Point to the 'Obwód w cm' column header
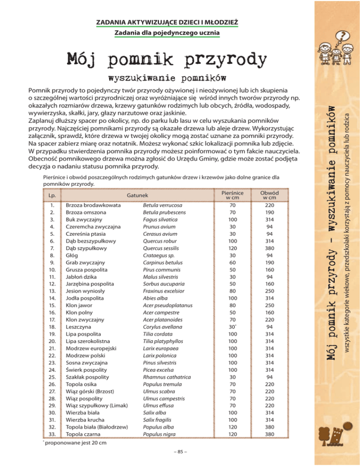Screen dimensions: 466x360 tap(270, 194)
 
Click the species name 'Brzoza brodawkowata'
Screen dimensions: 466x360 tap(94, 205)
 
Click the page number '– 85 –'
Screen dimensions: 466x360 tap(180, 452)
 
